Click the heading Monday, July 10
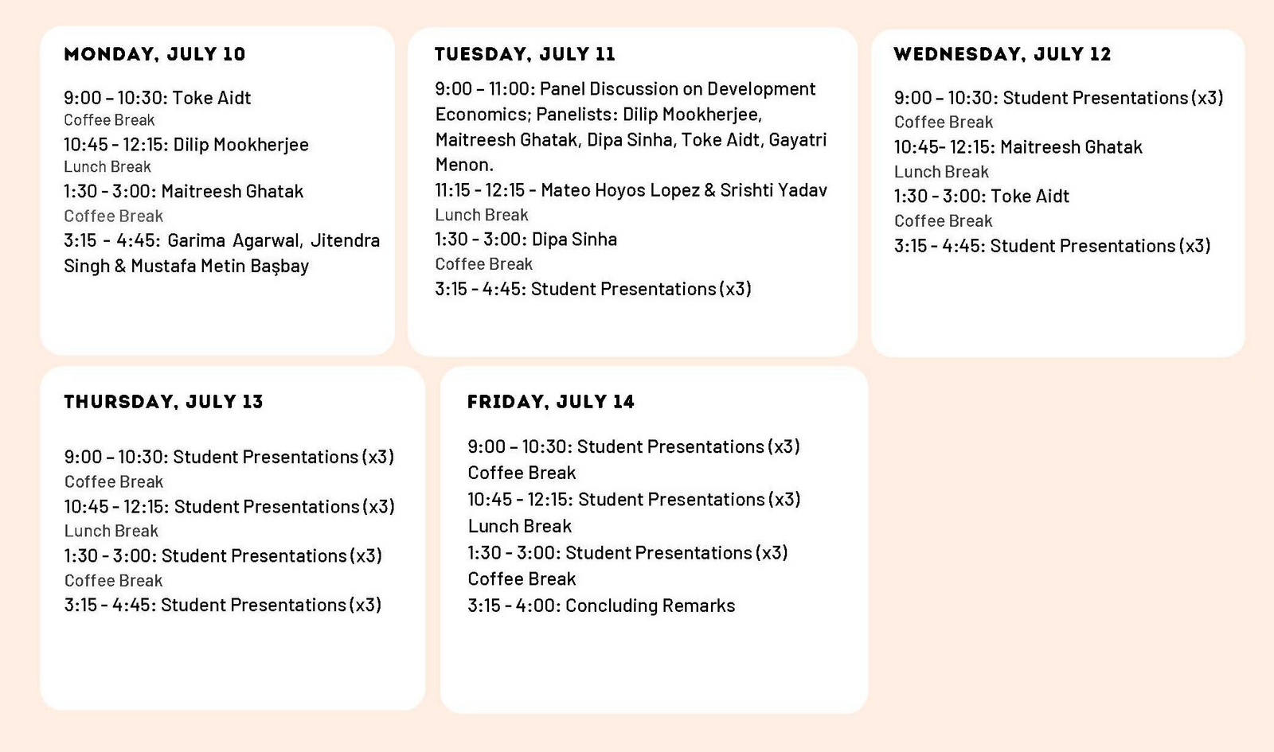pyautogui.click(x=154, y=55)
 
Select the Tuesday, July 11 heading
pyautogui.click(x=525, y=55)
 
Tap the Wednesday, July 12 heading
pyautogui.click(x=1002, y=55)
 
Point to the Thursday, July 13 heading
pyautogui.click(x=164, y=402)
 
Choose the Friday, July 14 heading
pyautogui.click(x=550, y=402)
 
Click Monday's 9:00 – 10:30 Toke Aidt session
pyautogui.click(x=157, y=98)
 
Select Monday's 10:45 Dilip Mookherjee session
pyautogui.click(x=186, y=144)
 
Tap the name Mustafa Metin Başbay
pyautogui.click(x=220, y=266)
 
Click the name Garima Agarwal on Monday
pyautogui.click(x=233, y=240)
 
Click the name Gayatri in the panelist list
pyautogui.click(x=797, y=140)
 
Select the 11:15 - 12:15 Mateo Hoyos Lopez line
pyautogui.click(x=631, y=190)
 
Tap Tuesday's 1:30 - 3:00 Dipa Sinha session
pyautogui.click(x=526, y=240)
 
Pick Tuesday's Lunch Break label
pyautogui.click(x=482, y=215)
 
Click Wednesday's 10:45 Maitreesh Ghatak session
pyautogui.click(x=1018, y=147)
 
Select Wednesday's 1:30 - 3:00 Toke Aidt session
pyautogui.click(x=982, y=196)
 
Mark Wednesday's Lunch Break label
pyautogui.click(x=941, y=172)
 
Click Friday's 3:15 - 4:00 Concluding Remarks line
pyautogui.click(x=601, y=606)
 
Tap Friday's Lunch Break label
pyautogui.click(x=519, y=526)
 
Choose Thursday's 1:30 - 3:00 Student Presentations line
pyautogui.click(x=223, y=556)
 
